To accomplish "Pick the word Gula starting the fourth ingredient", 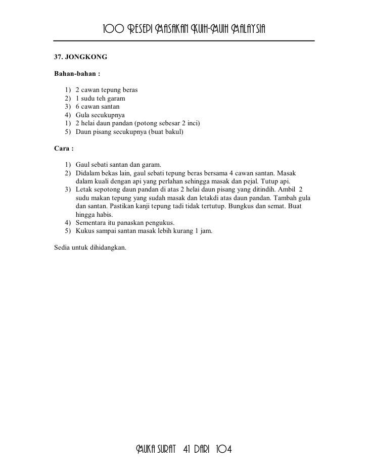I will click(x=82, y=115).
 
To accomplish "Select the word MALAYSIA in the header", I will click(x=248, y=27).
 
